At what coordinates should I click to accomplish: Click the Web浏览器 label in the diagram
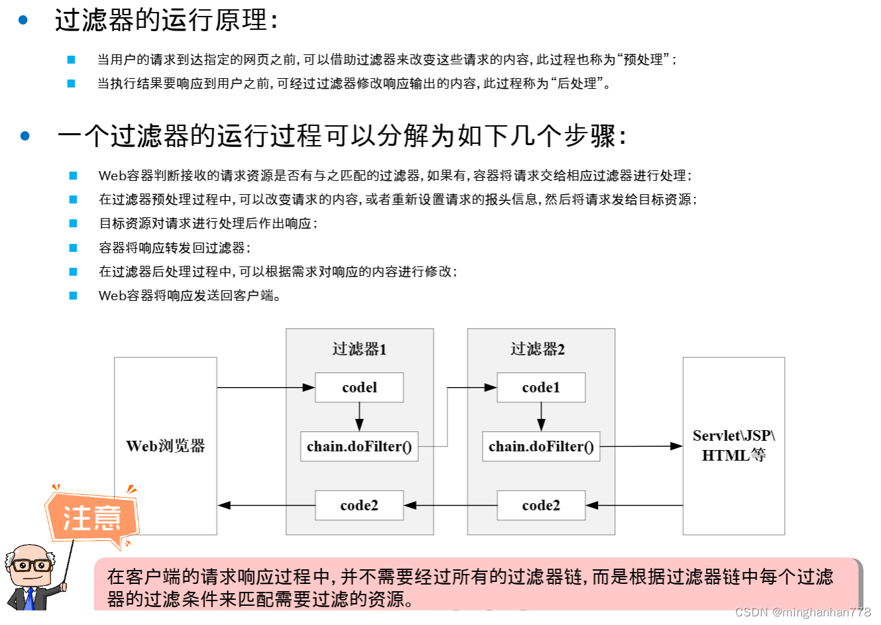tap(166, 446)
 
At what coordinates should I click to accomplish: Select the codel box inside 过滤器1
tap(359, 388)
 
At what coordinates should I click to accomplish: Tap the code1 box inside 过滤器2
tap(541, 388)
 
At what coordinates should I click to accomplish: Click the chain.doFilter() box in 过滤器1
tap(359, 447)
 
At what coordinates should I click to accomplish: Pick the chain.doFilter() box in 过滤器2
tap(541, 447)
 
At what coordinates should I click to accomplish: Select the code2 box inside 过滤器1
tap(359, 506)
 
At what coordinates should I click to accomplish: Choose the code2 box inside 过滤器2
tap(541, 506)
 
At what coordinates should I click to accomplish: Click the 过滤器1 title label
tap(359, 349)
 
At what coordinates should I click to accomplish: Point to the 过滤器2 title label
tap(538, 349)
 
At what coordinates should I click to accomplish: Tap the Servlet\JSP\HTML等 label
tap(734, 445)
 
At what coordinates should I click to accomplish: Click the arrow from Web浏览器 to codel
tap(265, 388)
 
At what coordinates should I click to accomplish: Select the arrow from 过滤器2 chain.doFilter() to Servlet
tap(640, 447)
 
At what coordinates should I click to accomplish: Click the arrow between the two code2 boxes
tap(451, 506)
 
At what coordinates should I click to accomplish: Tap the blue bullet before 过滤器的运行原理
tap(23, 21)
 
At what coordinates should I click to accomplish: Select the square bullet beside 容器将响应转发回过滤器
tap(73, 248)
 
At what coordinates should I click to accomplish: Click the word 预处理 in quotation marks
tap(643, 60)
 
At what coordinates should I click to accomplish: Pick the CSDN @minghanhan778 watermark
tap(803, 612)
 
